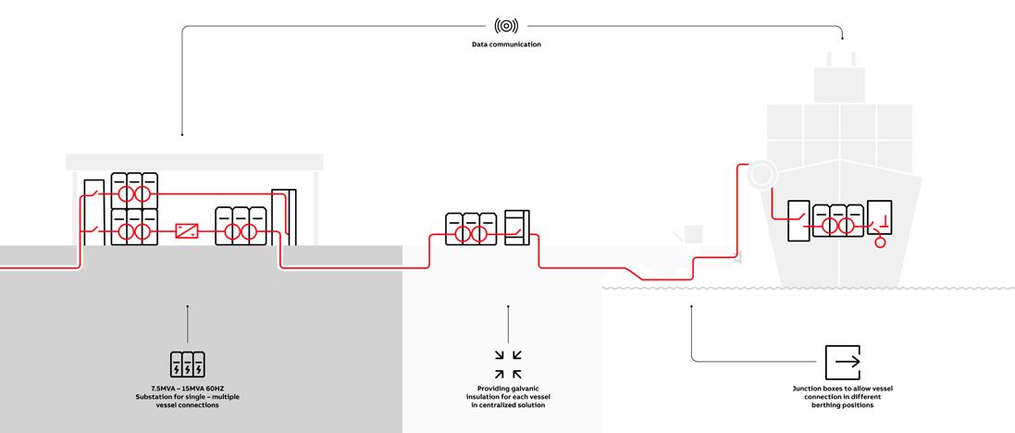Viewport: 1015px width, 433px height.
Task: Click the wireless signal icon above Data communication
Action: pyautogui.click(x=507, y=24)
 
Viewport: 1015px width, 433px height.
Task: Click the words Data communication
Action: pyautogui.click(x=507, y=44)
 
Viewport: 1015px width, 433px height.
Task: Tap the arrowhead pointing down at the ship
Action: pyautogui.click(x=842, y=37)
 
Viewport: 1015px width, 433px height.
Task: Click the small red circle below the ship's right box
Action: pyautogui.click(x=879, y=242)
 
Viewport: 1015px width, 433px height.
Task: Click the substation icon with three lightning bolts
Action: pyautogui.click(x=187, y=363)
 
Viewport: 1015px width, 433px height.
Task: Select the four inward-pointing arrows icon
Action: pyautogui.click(x=507, y=364)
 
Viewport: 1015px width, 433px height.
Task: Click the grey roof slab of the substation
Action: pyautogui.click(x=194, y=162)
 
